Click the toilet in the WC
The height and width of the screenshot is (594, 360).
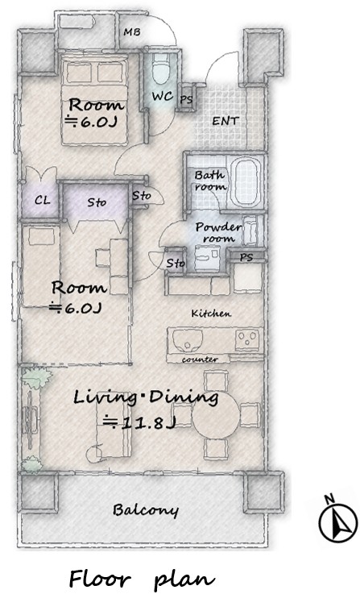click(x=161, y=69)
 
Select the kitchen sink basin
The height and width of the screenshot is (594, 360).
click(x=188, y=340)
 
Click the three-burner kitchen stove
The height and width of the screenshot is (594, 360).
click(x=247, y=339)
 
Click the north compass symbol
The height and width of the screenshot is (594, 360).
click(x=337, y=519)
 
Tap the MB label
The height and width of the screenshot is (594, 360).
click(x=132, y=31)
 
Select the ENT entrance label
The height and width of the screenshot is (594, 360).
click(x=226, y=121)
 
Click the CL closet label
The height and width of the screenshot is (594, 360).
click(x=42, y=200)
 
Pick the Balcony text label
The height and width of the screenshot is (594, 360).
click(x=145, y=510)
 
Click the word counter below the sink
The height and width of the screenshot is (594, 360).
click(x=200, y=359)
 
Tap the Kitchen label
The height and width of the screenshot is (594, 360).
click(x=211, y=314)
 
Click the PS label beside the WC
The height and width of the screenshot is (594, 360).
click(x=186, y=100)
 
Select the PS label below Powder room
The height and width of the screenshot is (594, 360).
click(x=246, y=257)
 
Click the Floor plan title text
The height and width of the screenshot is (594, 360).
click(x=142, y=579)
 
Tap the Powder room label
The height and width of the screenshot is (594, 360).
click(x=218, y=232)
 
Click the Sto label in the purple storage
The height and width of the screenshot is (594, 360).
click(x=97, y=202)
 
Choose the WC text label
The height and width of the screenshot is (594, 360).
click(x=163, y=96)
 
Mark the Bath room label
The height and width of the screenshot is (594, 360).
click(x=210, y=181)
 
